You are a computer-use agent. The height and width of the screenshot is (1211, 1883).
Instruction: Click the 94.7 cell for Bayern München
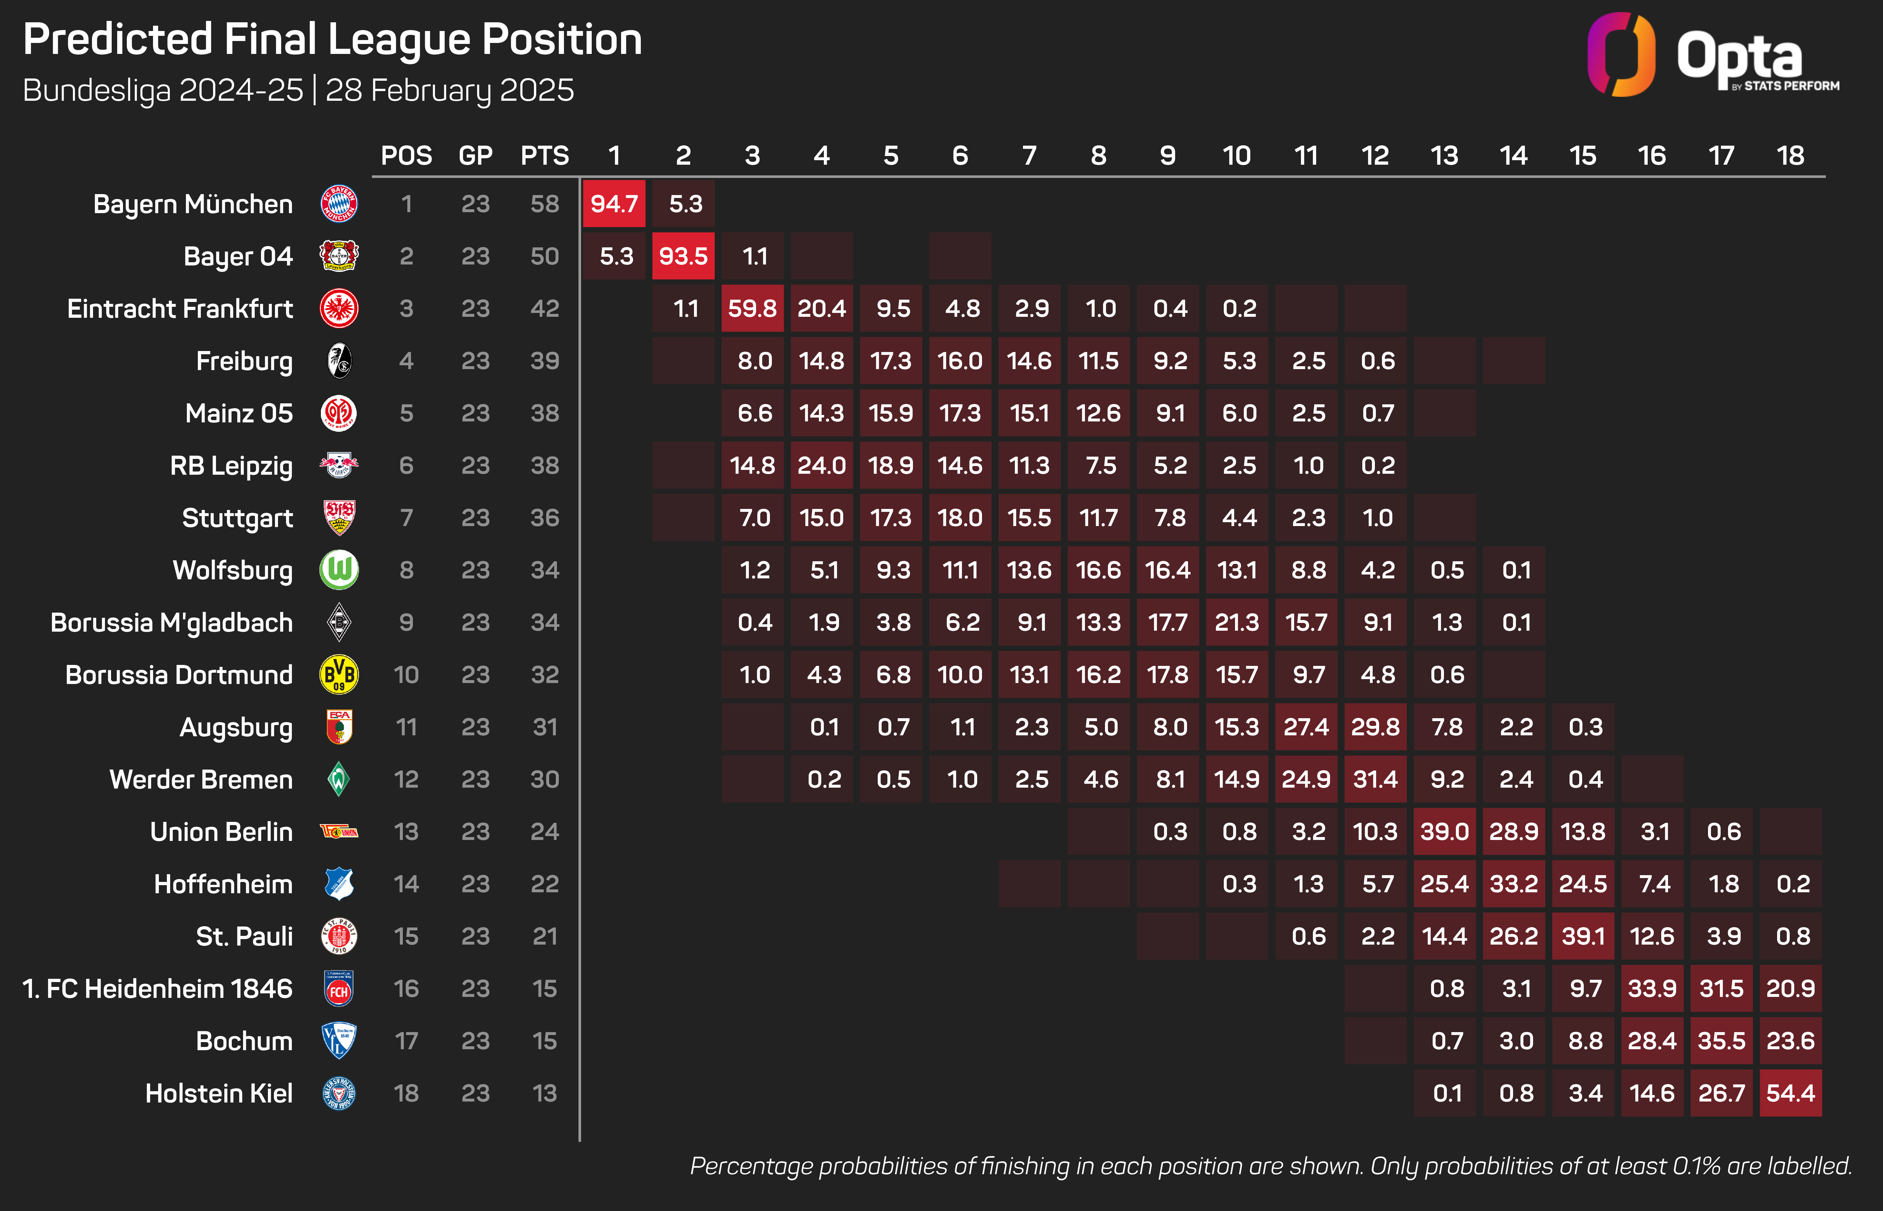614,204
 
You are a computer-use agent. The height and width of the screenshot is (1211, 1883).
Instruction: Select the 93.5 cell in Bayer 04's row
683,256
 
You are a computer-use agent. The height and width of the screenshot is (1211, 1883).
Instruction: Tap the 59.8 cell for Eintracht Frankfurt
752,308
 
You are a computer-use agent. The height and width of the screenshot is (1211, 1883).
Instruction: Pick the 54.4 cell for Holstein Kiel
1790,1093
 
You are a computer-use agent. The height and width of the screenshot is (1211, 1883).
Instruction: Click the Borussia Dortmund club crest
339,675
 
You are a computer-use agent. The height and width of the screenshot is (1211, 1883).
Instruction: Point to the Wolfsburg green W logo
339,570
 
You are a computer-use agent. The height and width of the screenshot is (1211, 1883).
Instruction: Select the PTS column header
545,156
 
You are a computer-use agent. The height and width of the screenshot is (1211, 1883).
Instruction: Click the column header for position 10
1236,156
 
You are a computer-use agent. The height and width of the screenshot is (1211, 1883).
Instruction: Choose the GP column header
476,156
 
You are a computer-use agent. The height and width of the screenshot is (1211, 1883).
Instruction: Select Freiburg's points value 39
545,361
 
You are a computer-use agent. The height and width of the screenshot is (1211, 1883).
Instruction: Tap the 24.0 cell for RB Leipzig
821,466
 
